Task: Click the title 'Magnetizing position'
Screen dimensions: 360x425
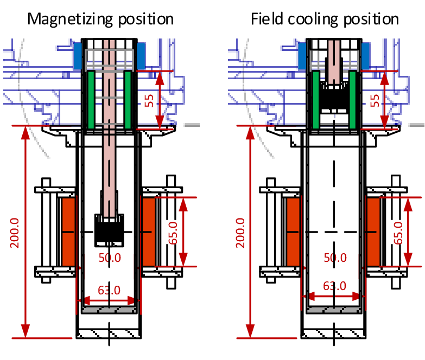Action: [100, 19]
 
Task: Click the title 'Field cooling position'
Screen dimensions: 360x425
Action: [325, 19]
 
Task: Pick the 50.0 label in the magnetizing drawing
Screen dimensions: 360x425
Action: [109, 257]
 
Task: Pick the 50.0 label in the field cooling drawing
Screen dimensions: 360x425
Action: [334, 257]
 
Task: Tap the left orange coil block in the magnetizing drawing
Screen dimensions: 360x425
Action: [68, 232]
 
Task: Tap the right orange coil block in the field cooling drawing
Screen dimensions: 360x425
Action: [373, 232]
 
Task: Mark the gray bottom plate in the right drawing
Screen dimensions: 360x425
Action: [333, 310]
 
